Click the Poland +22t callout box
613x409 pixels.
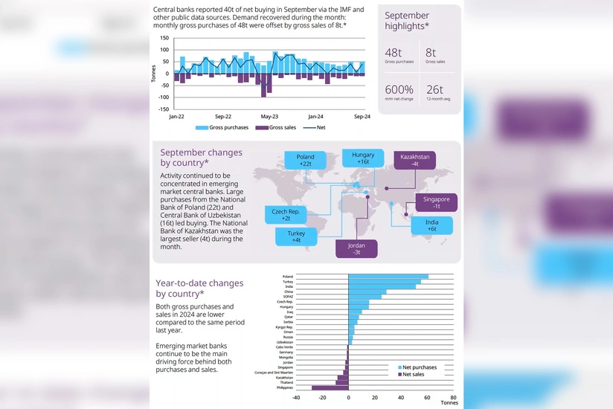(305, 161)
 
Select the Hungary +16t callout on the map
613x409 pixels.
(363, 158)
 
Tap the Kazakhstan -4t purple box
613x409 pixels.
(414, 161)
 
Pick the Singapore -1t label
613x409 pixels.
(437, 203)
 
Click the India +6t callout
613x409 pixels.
(431, 225)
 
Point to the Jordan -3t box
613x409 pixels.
(356, 248)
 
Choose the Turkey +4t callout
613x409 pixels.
(296, 236)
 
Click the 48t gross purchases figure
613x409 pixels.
(394, 53)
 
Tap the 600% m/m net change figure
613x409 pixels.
(399, 90)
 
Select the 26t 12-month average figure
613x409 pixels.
(435, 90)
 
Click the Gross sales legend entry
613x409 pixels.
(275, 127)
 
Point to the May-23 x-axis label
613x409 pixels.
(269, 117)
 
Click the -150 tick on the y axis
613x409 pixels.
(162, 109)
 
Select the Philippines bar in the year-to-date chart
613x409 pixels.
(330, 387)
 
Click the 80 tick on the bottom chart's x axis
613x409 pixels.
(453, 397)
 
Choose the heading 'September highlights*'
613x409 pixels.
(407, 21)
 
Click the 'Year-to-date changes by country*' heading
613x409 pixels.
(199, 288)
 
